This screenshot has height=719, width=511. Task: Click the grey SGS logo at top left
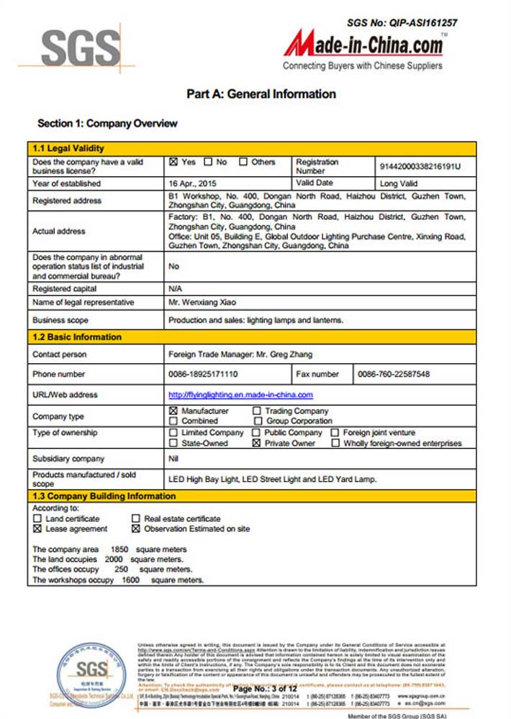coord(80,48)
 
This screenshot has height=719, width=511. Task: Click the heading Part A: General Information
coord(261,93)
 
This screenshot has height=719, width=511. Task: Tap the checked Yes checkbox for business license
coord(173,162)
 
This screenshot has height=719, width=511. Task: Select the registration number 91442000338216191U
coord(420,166)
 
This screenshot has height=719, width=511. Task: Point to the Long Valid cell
coord(399,183)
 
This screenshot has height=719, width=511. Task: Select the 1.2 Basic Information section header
coord(77,336)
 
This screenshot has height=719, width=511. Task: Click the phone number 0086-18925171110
coord(203,374)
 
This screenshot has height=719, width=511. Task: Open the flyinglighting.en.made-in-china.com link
coord(240,395)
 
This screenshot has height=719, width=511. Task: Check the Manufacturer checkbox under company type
coord(173,411)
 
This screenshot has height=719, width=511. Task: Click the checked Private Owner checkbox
coord(257,444)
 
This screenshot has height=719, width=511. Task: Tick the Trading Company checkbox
coord(258,411)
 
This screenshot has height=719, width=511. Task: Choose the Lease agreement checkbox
coord(37,528)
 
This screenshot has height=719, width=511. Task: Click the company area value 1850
coord(119,549)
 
